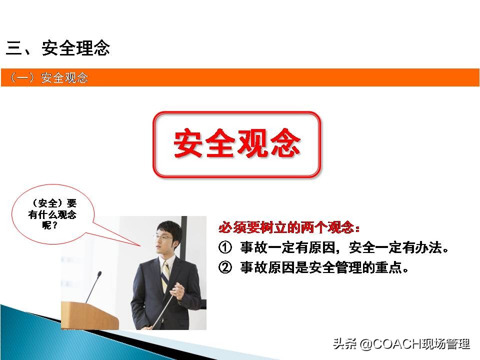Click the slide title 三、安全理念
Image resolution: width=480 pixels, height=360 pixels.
coord(58,48)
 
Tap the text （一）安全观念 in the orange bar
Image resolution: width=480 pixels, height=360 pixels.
coord(48,78)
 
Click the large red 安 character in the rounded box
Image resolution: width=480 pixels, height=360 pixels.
coord(188,144)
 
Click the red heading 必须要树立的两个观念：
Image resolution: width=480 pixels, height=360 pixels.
coord(289,228)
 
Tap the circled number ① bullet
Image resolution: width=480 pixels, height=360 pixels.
coord(225,248)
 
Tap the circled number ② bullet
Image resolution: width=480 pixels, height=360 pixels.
coord(225,268)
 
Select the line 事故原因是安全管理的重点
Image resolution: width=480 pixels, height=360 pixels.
coord(324,268)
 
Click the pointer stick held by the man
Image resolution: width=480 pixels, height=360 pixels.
coord(163,310)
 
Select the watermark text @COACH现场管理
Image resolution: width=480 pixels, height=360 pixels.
coord(414,344)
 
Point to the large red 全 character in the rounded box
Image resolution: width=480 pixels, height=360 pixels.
coord(220,144)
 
